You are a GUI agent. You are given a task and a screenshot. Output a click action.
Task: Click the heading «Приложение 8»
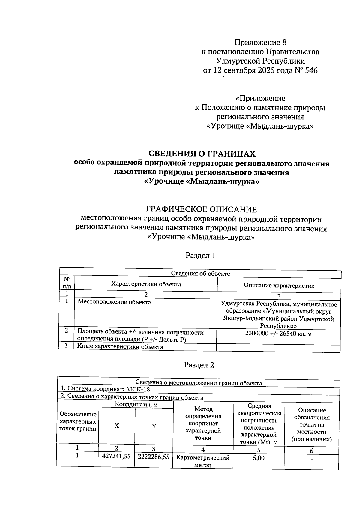pyautogui.click(x=260, y=42)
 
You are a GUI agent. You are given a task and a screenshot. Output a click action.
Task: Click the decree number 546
pyautogui.click(x=311, y=71)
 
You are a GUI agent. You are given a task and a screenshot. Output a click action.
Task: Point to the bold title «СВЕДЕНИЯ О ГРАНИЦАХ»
pyautogui.click(x=202, y=154)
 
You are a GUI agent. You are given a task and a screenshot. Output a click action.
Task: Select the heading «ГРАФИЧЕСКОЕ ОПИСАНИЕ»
pyautogui.click(x=201, y=209)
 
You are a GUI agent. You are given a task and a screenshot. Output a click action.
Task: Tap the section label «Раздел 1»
pyautogui.click(x=200, y=256)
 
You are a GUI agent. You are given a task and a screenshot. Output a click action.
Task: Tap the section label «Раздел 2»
pyautogui.click(x=199, y=365)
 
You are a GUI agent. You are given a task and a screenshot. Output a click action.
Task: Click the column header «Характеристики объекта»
pyautogui.click(x=146, y=284)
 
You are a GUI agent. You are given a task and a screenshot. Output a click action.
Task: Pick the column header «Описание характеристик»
pyautogui.click(x=279, y=286)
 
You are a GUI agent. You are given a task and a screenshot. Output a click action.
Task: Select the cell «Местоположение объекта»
pyautogui.click(x=114, y=302)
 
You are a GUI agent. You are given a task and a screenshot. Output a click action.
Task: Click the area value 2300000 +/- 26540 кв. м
pyautogui.click(x=278, y=334)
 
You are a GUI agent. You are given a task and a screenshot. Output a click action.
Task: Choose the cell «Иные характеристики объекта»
pyautogui.click(x=120, y=347)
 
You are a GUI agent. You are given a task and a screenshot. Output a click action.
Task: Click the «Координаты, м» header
pyautogui.click(x=136, y=404)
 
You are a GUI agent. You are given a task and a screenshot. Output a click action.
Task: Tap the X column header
pyautogui.click(x=116, y=426)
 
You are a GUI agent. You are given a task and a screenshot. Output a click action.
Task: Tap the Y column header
pyautogui.click(x=154, y=426)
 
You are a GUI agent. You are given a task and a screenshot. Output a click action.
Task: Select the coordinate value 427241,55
pyautogui.click(x=116, y=456)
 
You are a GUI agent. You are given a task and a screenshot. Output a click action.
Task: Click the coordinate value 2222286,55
pyautogui.click(x=154, y=457)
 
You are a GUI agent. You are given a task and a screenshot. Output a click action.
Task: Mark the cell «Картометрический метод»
pyautogui.click(x=203, y=461)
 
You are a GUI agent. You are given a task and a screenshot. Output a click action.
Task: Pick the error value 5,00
pyautogui.click(x=259, y=458)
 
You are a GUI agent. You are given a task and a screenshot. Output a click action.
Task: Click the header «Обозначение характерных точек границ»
pyautogui.click(x=78, y=421)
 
